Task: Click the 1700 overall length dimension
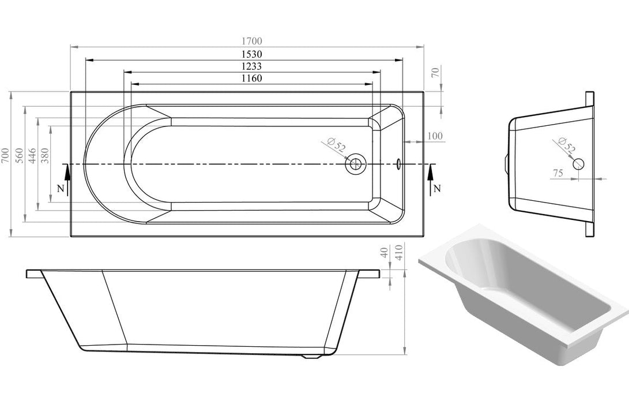tap(251, 40)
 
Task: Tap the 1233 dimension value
tap(251, 66)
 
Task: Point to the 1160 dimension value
tap(251, 78)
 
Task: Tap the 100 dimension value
tap(435, 136)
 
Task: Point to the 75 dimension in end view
tap(558, 173)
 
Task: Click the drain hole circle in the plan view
tap(355, 164)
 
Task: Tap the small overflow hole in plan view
tap(398, 164)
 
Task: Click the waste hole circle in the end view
tap(578, 163)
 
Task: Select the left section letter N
tap(59, 188)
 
